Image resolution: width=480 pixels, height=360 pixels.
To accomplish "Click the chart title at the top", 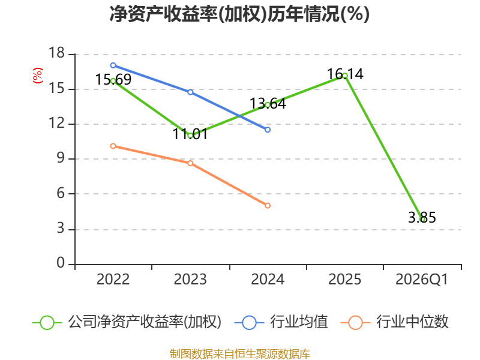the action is (239, 14).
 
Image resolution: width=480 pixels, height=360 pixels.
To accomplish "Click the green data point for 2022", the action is (113, 81).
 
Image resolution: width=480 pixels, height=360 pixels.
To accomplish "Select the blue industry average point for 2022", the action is (113, 65).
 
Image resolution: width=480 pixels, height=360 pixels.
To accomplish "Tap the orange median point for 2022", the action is (113, 146).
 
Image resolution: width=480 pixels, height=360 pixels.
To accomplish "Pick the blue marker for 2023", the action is (190, 92).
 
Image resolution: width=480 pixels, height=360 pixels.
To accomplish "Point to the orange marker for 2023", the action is (190, 163).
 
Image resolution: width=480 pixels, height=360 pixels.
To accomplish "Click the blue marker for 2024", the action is (268, 130).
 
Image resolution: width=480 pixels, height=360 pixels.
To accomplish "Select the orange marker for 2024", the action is (268, 205).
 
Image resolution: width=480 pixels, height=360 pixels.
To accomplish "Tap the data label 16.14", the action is (345, 74).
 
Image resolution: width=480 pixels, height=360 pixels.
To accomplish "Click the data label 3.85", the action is (422, 218).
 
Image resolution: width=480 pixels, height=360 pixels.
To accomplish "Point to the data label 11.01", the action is (190, 134).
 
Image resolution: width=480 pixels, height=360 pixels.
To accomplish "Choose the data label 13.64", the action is (268, 103).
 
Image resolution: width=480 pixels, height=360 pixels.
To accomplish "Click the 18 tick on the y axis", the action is (57, 53).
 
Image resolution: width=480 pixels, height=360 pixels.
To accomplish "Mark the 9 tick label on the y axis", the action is (61, 158).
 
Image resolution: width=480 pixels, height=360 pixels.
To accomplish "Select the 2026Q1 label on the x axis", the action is (422, 279).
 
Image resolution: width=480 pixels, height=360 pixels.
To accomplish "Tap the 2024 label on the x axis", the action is (268, 279).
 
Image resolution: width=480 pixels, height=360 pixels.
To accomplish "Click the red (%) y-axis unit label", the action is (38, 76).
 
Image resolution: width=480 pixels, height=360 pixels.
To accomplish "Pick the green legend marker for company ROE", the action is (47, 323).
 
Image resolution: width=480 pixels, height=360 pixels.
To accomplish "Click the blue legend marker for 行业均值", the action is (249, 323).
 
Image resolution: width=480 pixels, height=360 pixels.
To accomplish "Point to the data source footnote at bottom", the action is (239, 354).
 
